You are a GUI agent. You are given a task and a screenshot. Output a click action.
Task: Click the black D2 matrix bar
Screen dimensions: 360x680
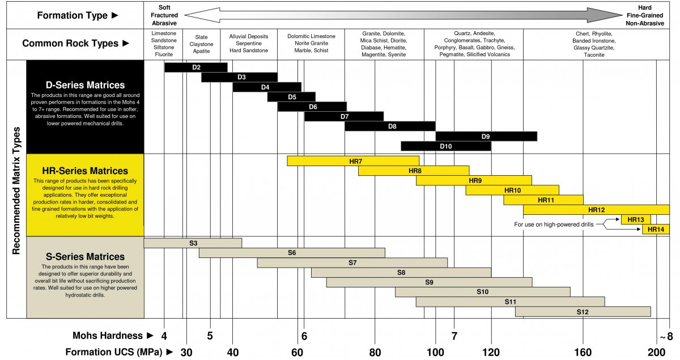tap(195, 67)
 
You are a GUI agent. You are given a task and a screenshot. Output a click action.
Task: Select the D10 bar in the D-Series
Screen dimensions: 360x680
tap(446, 146)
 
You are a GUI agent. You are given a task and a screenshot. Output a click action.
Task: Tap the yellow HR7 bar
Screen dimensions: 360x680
tap(353, 161)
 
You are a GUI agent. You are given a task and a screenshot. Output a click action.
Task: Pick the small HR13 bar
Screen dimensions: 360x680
tap(636, 220)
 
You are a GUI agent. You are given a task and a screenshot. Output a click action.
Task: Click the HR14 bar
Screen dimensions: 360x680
tap(656, 230)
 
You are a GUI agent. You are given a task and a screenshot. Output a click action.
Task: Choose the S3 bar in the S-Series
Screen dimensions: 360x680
tap(193, 243)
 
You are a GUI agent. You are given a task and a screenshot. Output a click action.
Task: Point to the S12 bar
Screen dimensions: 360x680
tap(583, 312)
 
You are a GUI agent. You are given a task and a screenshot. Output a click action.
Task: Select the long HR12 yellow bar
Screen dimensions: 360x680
tap(596, 210)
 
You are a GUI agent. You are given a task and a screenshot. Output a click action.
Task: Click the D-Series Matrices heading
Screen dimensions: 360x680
tap(85, 86)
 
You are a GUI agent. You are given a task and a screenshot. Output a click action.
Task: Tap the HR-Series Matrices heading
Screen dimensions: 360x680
tap(85, 171)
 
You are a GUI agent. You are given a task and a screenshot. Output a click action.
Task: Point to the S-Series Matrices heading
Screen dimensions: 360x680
tap(85, 257)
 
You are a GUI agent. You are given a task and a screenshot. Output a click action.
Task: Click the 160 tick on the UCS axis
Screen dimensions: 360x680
tap(583, 353)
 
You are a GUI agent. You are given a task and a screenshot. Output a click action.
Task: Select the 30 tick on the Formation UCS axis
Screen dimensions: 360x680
tap(186, 353)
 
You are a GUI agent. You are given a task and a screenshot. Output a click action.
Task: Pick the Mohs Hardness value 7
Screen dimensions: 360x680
tap(454, 336)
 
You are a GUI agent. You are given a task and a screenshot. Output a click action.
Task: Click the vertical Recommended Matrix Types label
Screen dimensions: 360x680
tap(16, 189)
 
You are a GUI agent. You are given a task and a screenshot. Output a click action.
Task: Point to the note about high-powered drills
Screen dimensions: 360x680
tap(554, 225)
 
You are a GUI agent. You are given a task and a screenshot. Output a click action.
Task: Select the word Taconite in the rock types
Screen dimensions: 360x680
tap(593, 55)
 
